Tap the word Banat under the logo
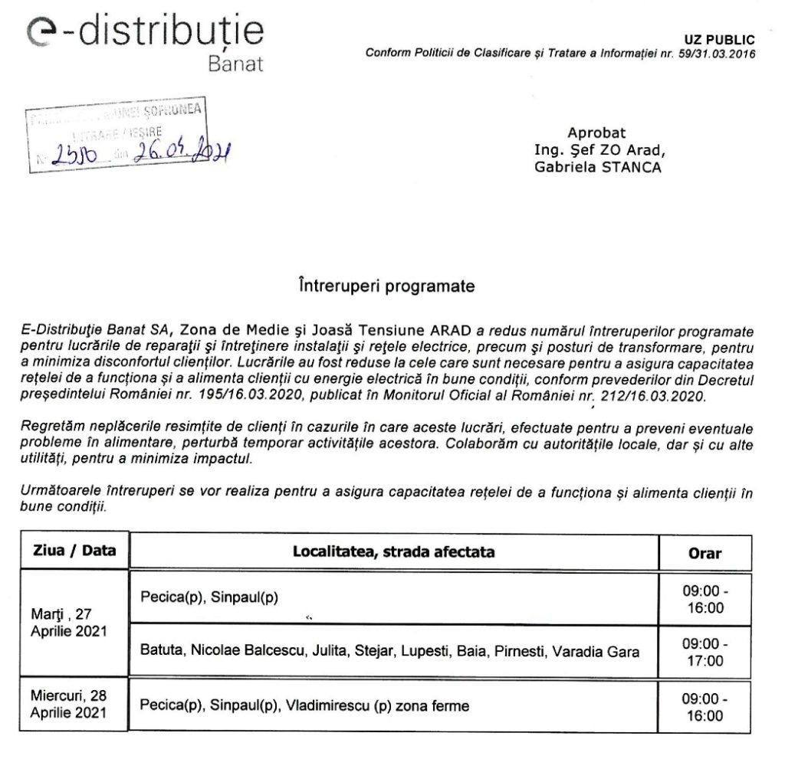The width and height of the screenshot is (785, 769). [235, 64]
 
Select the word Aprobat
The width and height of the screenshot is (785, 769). [596, 133]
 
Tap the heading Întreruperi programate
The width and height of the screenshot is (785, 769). [386, 286]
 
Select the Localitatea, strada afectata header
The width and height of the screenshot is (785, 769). [394, 551]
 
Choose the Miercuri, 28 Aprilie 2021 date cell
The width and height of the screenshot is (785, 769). [69, 705]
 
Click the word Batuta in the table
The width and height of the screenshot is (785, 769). [160, 652]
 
